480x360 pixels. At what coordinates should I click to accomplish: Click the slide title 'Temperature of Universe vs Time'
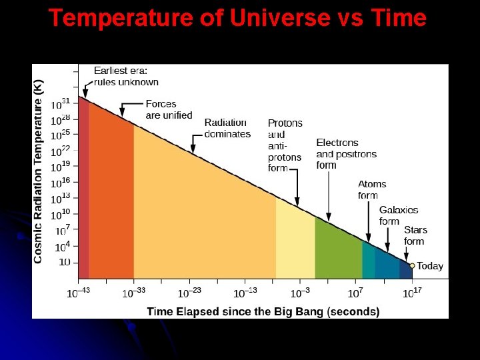[237, 18]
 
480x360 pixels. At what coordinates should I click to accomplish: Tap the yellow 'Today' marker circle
[412, 265]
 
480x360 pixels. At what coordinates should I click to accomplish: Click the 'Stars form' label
[413, 235]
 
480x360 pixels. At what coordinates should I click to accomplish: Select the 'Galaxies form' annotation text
[399, 215]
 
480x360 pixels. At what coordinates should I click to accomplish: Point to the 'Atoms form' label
[372, 189]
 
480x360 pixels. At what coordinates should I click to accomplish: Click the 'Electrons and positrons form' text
[346, 153]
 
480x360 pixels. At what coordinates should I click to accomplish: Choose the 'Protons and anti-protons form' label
[285, 145]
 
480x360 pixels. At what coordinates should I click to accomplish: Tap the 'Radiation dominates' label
[227, 128]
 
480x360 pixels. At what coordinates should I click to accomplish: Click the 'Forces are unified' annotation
[169, 109]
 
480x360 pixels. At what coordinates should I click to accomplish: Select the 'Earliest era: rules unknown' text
[126, 76]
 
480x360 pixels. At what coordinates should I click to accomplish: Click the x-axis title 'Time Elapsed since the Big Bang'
[263, 311]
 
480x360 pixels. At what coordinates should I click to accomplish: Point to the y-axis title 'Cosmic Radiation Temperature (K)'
[39, 172]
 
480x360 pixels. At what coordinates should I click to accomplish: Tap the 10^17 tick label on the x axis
[411, 293]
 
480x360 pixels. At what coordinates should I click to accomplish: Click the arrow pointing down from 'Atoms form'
[369, 220]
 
